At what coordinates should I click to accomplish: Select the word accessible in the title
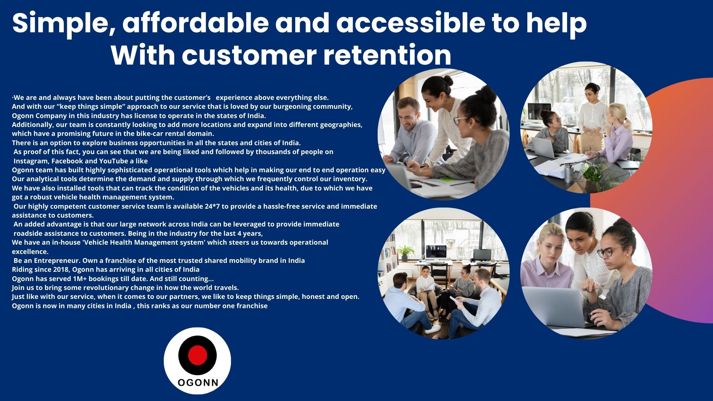pyautogui.click(x=410, y=23)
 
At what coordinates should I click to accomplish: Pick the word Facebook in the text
pyautogui.click(x=67, y=161)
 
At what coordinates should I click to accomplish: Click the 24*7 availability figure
pyautogui.click(x=212, y=206)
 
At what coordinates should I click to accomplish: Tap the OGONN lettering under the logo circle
pyautogui.click(x=198, y=382)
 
